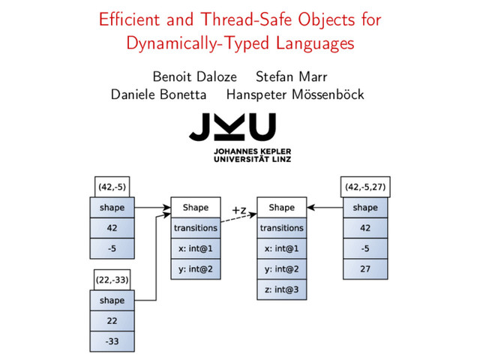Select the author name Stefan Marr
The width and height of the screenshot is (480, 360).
(291, 76)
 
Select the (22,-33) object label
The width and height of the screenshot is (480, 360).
(112, 280)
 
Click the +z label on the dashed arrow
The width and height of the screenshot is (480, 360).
(239, 210)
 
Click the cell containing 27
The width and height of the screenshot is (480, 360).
(365, 268)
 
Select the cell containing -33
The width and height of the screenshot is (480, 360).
(112, 342)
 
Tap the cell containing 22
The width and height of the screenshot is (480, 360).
(112, 321)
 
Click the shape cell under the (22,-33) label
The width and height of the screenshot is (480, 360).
(112, 301)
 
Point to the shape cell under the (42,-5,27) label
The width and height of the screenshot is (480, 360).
(365, 207)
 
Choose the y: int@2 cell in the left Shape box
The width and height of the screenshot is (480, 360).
(196, 268)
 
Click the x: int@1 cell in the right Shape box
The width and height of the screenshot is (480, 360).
(281, 248)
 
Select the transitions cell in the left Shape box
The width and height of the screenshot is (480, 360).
(196, 227)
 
